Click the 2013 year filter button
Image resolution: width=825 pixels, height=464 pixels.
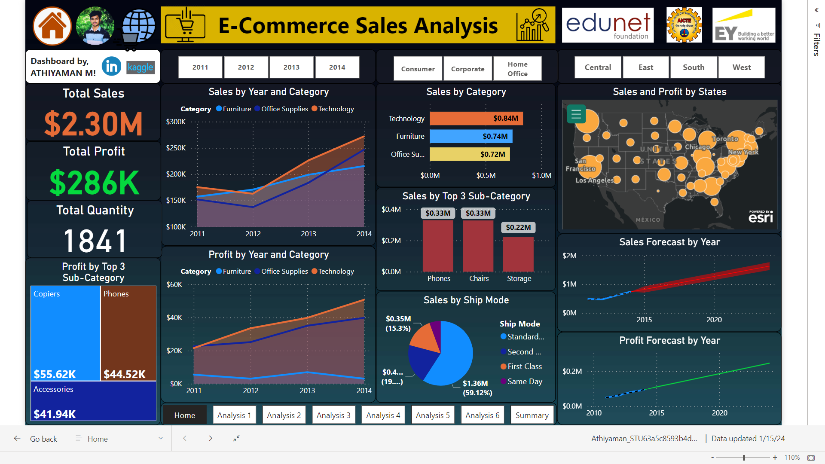point(291,67)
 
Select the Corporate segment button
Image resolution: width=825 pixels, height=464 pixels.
point(467,69)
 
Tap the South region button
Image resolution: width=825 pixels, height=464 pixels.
point(693,67)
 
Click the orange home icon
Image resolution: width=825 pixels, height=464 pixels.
point(52,26)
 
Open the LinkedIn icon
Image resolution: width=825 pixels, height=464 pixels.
point(111,67)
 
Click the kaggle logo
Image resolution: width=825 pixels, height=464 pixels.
point(141,67)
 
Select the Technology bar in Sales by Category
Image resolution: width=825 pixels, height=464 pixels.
point(476,118)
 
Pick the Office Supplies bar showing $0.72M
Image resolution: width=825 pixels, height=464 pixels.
point(469,154)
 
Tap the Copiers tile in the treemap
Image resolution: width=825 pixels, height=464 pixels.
point(65,333)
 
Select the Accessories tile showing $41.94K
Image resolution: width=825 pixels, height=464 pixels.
point(93,401)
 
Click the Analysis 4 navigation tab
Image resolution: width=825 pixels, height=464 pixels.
point(383,415)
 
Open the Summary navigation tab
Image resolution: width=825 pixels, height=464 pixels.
point(532,415)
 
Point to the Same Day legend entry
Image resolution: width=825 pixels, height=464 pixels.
point(524,382)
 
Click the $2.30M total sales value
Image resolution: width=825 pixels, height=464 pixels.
point(93,124)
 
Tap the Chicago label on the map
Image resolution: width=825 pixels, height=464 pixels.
point(697,147)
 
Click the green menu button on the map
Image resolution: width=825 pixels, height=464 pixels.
point(576,114)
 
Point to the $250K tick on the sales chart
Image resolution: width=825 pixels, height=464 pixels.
point(176,148)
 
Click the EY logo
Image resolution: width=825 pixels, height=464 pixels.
point(743,26)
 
